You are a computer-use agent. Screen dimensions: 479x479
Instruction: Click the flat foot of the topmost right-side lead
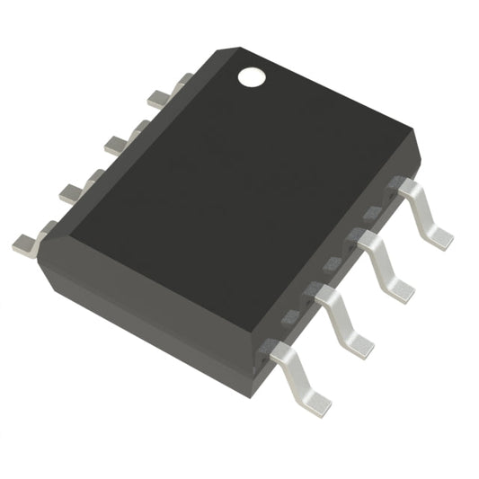pos(439,235)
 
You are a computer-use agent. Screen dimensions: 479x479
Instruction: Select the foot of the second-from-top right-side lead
pos(401,289)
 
